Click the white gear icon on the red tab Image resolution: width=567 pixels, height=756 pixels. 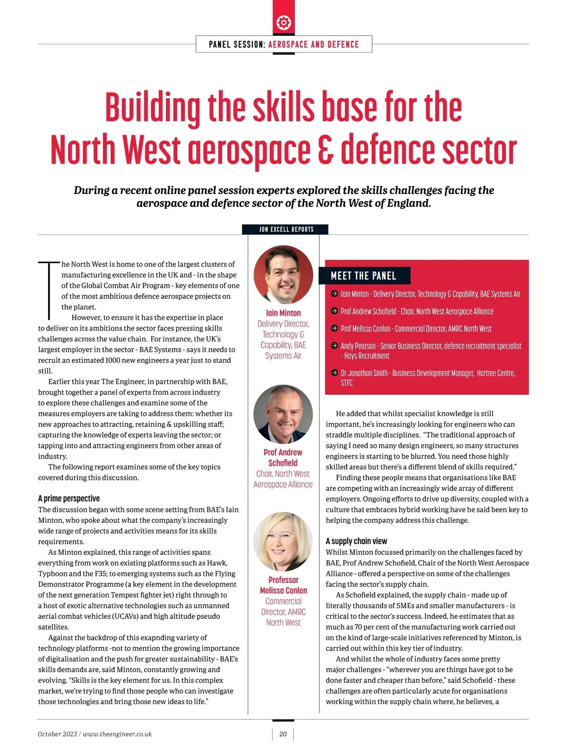click(x=283, y=22)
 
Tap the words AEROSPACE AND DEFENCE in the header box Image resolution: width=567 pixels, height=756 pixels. click(x=313, y=44)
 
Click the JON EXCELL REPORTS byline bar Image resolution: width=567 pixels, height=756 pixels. click(x=286, y=229)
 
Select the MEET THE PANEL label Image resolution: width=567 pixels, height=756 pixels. click(x=363, y=276)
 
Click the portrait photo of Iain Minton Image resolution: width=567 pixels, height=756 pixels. click(x=283, y=275)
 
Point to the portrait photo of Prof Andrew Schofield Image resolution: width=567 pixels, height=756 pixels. click(x=283, y=414)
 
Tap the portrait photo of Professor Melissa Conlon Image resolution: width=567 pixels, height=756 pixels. click(x=283, y=542)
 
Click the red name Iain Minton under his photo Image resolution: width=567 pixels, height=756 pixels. click(x=283, y=313)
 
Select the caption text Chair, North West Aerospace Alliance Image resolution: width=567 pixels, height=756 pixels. click(x=283, y=479)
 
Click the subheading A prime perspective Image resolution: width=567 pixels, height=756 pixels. click(x=69, y=498)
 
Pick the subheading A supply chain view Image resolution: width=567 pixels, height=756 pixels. click(x=356, y=541)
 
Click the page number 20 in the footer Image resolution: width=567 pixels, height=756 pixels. click(x=283, y=734)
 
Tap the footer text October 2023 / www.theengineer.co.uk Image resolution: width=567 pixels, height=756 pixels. click(x=94, y=734)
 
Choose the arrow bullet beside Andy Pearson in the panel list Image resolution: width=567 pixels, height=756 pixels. click(x=334, y=346)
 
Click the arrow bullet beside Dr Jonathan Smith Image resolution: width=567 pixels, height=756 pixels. click(x=334, y=373)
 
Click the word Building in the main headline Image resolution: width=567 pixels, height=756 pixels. click(x=153, y=108)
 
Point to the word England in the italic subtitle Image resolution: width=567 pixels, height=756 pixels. click(x=408, y=204)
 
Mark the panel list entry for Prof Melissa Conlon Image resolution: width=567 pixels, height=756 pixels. click(x=416, y=329)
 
